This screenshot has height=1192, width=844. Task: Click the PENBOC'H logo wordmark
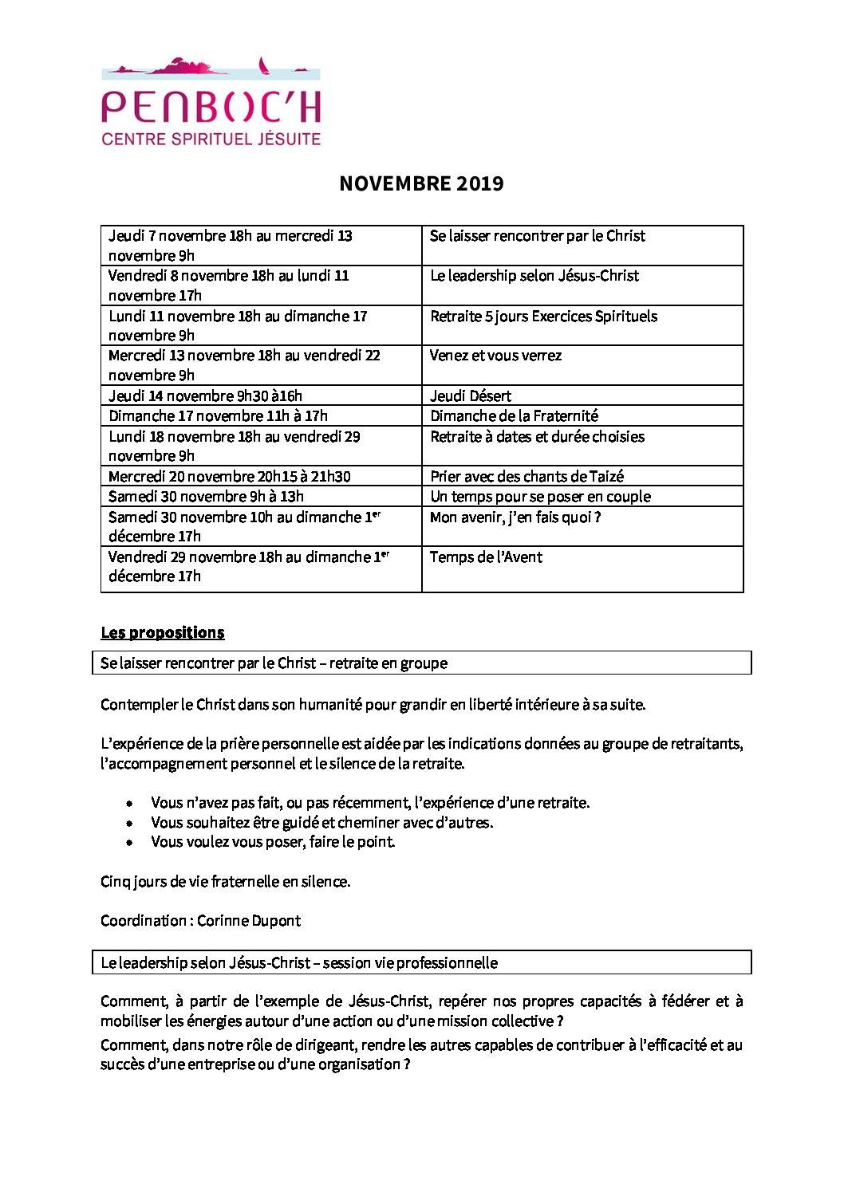211,107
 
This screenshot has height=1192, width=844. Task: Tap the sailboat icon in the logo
263,65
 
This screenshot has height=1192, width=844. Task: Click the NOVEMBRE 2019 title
421,183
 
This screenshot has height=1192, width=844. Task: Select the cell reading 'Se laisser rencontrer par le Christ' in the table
537,236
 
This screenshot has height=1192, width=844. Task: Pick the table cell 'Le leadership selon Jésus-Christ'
534,276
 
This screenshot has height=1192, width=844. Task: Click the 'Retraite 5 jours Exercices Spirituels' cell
543,317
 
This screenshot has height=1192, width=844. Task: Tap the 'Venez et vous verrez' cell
495,356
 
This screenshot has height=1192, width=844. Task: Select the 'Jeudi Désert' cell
471,396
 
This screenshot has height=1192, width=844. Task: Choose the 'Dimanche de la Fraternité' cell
514,416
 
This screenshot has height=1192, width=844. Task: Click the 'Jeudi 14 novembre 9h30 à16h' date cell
205,396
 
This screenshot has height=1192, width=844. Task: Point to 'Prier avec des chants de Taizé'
527,477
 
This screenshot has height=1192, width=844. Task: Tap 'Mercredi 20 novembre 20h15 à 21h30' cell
229,477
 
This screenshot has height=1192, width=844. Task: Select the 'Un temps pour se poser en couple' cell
540,497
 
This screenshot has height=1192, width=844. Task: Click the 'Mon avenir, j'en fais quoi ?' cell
515,517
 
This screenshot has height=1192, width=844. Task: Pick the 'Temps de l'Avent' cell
486,557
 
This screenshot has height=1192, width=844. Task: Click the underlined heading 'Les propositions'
162,633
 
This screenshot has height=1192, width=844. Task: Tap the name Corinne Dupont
249,921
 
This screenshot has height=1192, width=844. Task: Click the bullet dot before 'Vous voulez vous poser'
129,843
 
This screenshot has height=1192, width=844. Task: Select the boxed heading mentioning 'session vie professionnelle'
299,963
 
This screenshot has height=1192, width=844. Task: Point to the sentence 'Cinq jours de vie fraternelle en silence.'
225,882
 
